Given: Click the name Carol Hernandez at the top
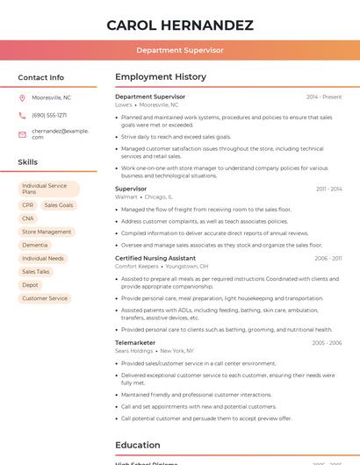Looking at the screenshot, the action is (x=180, y=25).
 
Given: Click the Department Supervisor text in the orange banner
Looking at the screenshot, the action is (x=180, y=50).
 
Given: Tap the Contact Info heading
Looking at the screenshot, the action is (x=41, y=77).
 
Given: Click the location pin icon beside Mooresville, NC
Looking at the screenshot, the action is (x=22, y=97).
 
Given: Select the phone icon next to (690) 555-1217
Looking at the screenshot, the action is (x=22, y=115).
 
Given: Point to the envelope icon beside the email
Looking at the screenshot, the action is (x=22, y=134).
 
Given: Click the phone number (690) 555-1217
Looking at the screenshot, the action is (x=49, y=115).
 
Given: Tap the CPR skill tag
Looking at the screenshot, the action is (x=28, y=205).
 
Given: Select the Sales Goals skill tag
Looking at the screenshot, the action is (x=59, y=205).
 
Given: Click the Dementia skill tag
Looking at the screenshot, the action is (x=35, y=245).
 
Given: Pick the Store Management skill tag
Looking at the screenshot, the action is (x=47, y=232).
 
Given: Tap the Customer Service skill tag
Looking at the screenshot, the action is (x=45, y=298).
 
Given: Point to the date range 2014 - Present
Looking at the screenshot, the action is (x=324, y=97).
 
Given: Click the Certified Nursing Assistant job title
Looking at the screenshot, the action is (x=155, y=258).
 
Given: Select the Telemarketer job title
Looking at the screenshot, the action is (x=135, y=342).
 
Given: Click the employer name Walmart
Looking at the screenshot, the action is (x=126, y=197).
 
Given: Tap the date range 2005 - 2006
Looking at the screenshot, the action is (x=327, y=342).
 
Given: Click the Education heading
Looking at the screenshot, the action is (x=138, y=445).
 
